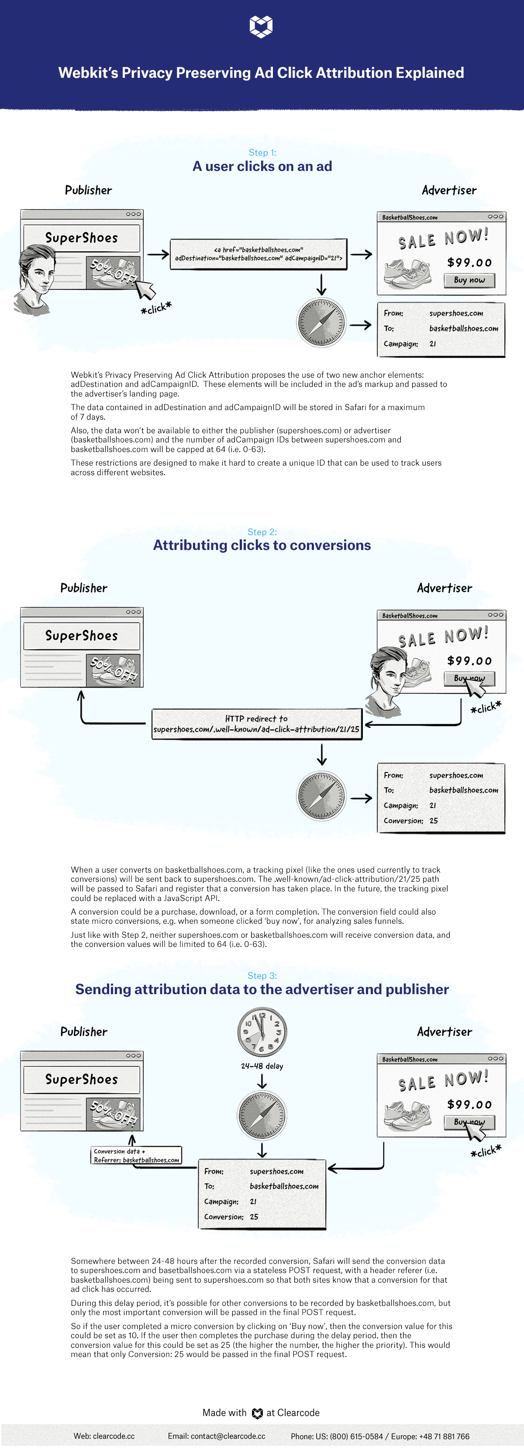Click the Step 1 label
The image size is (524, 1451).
click(262, 153)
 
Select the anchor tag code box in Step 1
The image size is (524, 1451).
click(259, 254)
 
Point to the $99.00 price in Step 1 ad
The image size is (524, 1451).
click(469, 262)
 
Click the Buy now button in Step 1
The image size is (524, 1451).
click(469, 280)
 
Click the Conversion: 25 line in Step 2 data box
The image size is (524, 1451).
click(411, 821)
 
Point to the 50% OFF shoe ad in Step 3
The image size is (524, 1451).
click(113, 1113)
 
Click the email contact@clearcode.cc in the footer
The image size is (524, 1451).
click(217, 1436)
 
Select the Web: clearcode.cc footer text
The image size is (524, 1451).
click(104, 1436)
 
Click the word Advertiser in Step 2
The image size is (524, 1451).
click(445, 588)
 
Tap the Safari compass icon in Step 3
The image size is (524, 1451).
click(262, 1115)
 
